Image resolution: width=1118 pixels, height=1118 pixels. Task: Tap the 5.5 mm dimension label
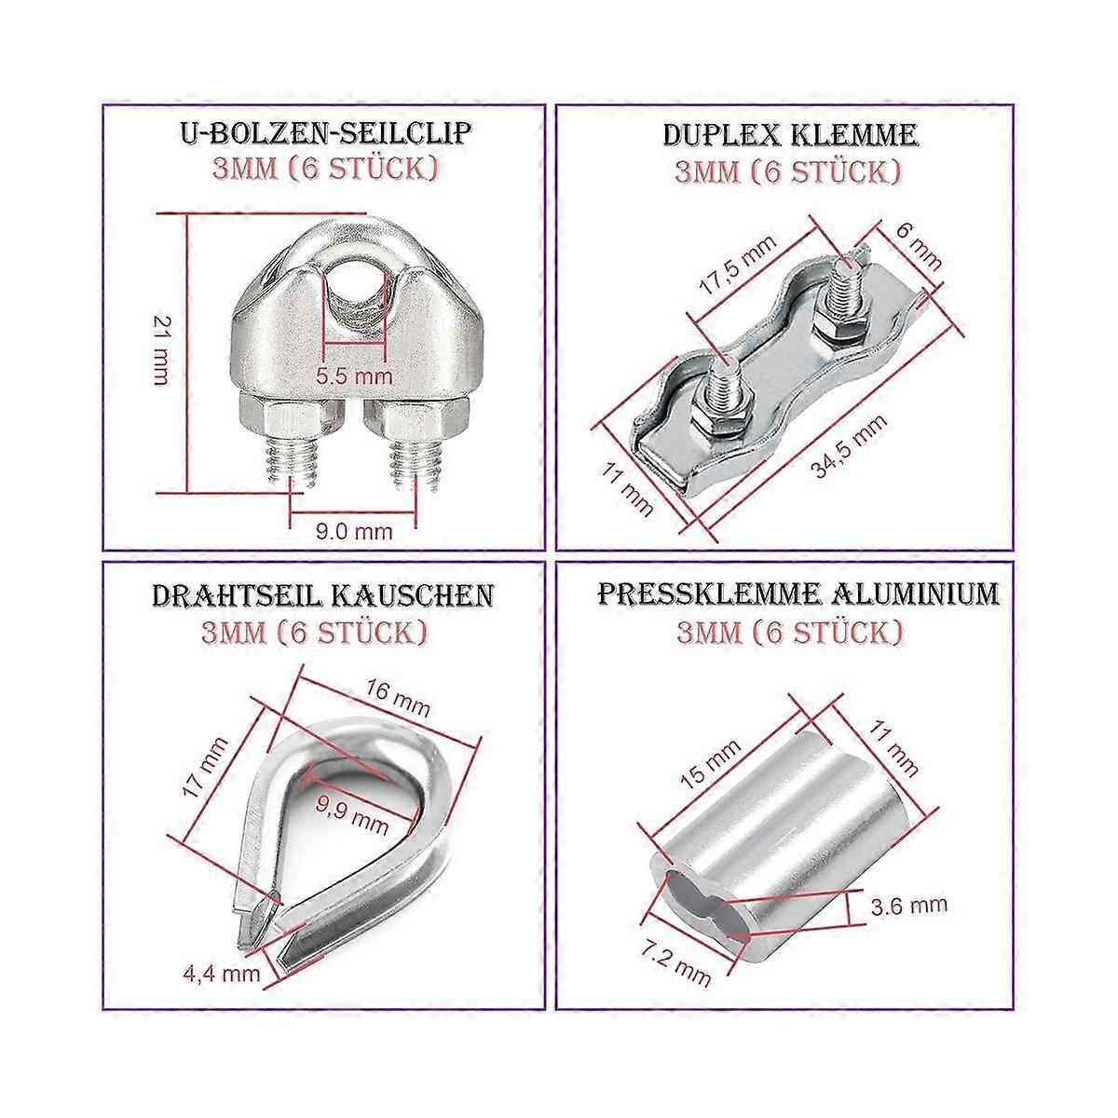354,376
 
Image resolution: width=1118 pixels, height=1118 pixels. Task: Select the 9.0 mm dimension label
353,532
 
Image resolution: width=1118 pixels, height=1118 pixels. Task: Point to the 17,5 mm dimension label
739,268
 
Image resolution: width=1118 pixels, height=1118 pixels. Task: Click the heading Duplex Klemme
790,135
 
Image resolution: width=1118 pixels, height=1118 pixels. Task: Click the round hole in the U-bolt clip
353,279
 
